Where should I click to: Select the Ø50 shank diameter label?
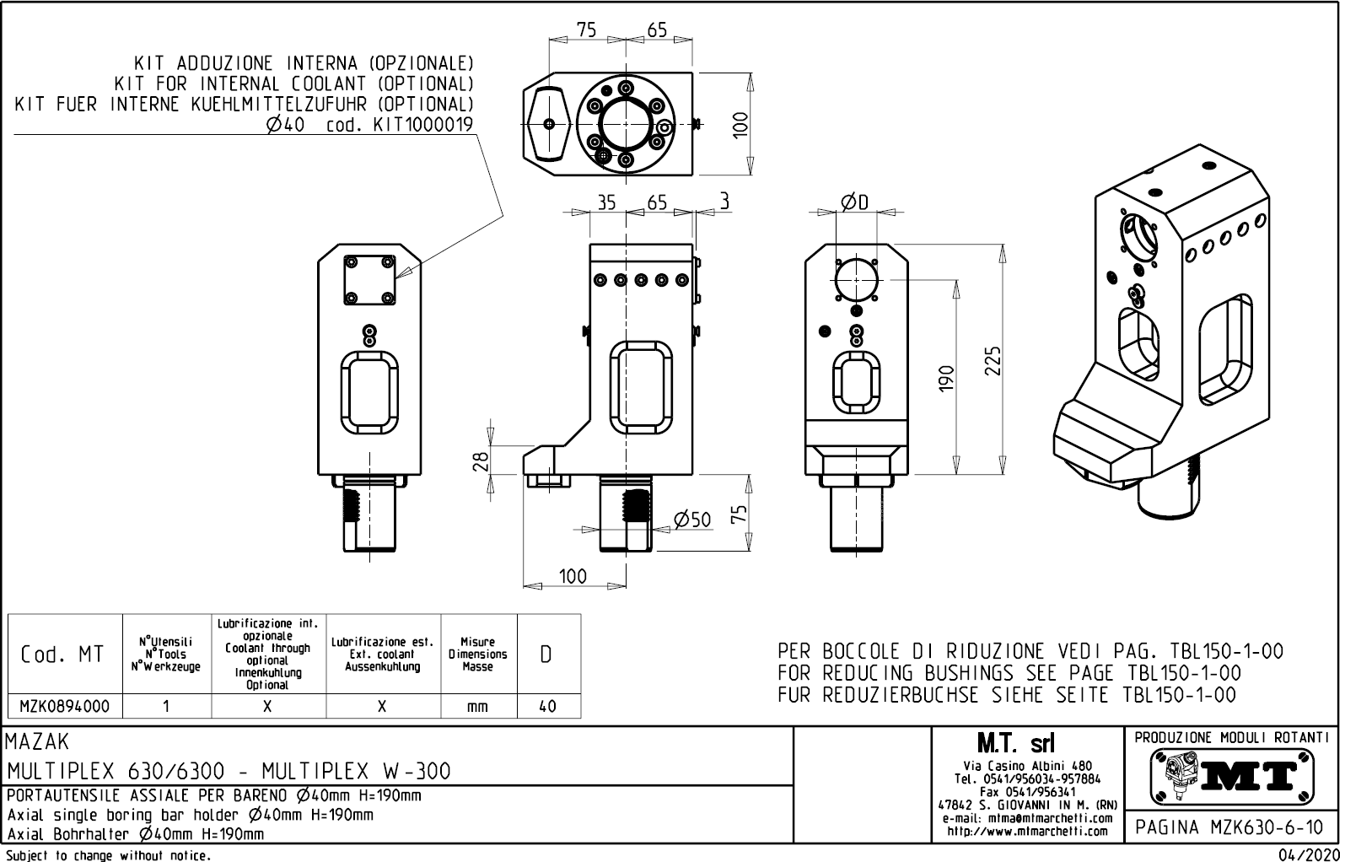(x=692, y=520)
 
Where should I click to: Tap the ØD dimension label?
(x=854, y=201)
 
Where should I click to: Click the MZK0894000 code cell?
(x=64, y=706)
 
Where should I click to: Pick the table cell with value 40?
(x=547, y=706)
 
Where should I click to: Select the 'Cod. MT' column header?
(x=63, y=655)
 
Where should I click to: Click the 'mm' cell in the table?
(x=477, y=706)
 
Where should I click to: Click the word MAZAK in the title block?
(x=37, y=742)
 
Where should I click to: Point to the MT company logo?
(x=1232, y=775)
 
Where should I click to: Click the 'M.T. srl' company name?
(x=1015, y=744)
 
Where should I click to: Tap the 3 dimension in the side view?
(x=724, y=201)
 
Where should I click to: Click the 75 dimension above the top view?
(x=586, y=30)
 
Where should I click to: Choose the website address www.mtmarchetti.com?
(x=1027, y=831)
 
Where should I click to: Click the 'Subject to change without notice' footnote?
(x=108, y=855)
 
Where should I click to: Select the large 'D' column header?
(x=546, y=655)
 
